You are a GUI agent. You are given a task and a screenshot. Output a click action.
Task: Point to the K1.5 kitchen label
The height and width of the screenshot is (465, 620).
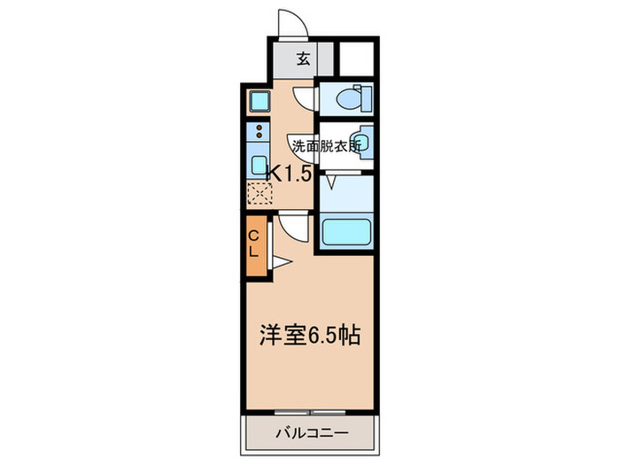[289, 174]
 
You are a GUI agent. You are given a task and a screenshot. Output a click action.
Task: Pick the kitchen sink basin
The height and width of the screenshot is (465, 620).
[259, 166]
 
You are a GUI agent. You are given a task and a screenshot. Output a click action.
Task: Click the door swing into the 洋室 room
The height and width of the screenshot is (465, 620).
[295, 229]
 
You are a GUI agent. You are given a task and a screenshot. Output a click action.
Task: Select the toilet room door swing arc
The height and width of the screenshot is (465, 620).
[304, 98]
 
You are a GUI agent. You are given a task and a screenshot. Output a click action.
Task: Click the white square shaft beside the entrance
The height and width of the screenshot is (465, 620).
[357, 58]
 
